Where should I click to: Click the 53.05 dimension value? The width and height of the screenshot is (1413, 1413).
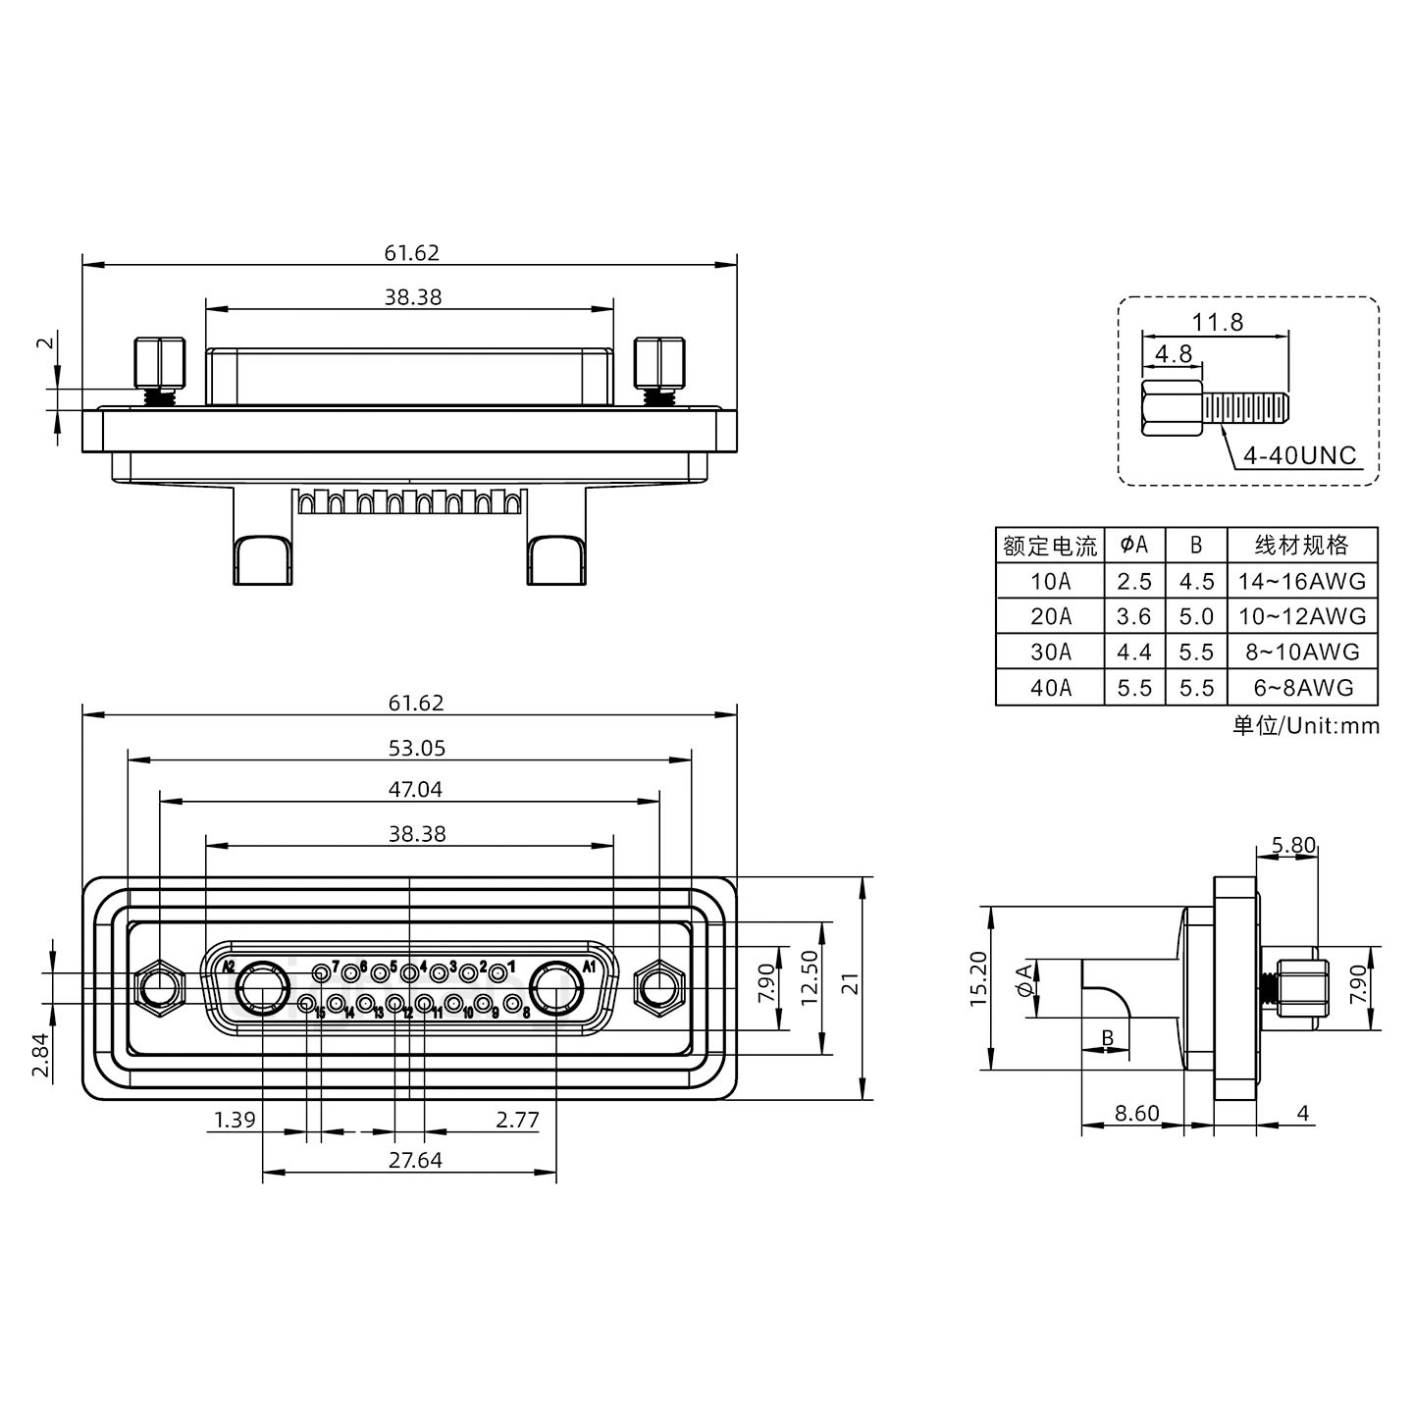point(416,749)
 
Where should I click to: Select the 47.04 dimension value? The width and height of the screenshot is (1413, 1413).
point(416,790)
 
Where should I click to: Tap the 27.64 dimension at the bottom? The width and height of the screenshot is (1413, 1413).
point(415,1160)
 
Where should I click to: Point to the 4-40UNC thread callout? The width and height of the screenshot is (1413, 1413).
point(1299,455)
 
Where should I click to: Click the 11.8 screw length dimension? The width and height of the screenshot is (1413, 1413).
point(1218,322)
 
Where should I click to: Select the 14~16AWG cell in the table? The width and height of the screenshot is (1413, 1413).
point(1301,581)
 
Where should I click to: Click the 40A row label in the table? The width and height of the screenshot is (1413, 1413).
point(1050,688)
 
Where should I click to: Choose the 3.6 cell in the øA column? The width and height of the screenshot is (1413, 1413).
point(1133,616)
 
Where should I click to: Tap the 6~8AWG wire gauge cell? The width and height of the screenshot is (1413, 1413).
point(1301,688)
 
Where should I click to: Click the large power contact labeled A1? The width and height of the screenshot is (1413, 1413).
point(556,986)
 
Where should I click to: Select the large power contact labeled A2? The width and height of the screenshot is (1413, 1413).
point(263,987)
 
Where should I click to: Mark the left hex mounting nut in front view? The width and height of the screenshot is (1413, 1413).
point(159,986)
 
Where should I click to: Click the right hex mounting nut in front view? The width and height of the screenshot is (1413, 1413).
point(658,986)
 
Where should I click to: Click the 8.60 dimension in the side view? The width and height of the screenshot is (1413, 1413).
point(1136,1114)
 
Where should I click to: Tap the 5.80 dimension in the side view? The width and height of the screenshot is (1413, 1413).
point(1292,845)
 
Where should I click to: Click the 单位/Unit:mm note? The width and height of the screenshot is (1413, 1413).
point(1305,726)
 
